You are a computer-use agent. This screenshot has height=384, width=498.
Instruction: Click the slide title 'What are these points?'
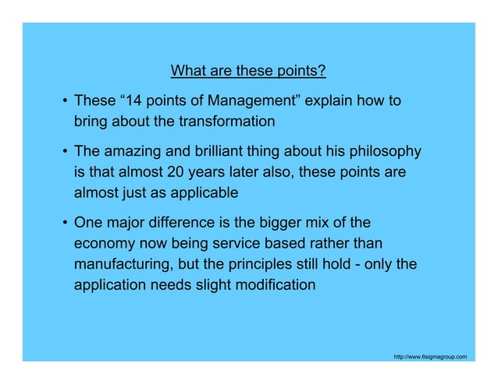pyautogui.click(x=247, y=73)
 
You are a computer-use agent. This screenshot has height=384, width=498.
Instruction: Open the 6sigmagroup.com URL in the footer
pyautogui.click(x=430, y=356)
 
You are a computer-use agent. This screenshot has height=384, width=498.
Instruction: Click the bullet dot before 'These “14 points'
pyautogui.click(x=63, y=102)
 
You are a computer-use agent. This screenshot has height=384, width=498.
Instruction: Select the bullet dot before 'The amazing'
pyautogui.click(x=63, y=152)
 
